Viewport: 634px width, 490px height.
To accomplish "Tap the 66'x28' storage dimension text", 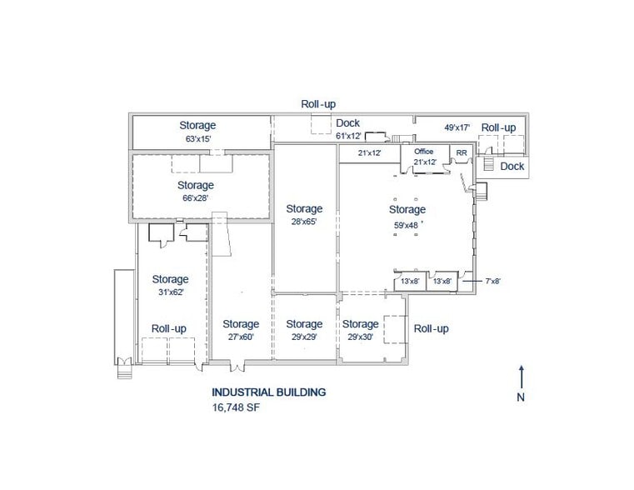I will (x=196, y=199).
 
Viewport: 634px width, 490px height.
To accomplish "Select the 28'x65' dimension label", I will (x=303, y=222).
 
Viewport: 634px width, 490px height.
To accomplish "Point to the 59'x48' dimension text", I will (x=407, y=224).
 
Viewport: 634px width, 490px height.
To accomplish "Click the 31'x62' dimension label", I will (x=170, y=293).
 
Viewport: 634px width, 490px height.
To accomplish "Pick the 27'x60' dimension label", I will (x=240, y=337).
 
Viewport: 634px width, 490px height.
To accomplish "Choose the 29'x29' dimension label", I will (x=303, y=337).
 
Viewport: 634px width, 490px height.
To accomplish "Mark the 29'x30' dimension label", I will (x=360, y=337).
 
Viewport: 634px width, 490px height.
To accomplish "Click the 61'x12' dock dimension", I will (x=348, y=137).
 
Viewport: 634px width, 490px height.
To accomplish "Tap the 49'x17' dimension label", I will (x=457, y=127).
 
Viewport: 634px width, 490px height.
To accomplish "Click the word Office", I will (x=424, y=152).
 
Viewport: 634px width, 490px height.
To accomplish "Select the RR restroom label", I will (x=461, y=152).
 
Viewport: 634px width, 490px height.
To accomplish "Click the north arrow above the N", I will (x=521, y=375).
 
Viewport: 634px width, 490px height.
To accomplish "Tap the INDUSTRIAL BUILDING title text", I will (x=268, y=392).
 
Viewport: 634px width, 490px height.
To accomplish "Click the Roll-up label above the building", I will (x=318, y=104).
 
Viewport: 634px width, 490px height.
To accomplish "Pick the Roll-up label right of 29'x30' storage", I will (x=431, y=328).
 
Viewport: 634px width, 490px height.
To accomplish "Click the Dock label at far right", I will (x=512, y=167).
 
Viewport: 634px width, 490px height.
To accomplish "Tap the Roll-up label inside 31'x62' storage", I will (x=169, y=328).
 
